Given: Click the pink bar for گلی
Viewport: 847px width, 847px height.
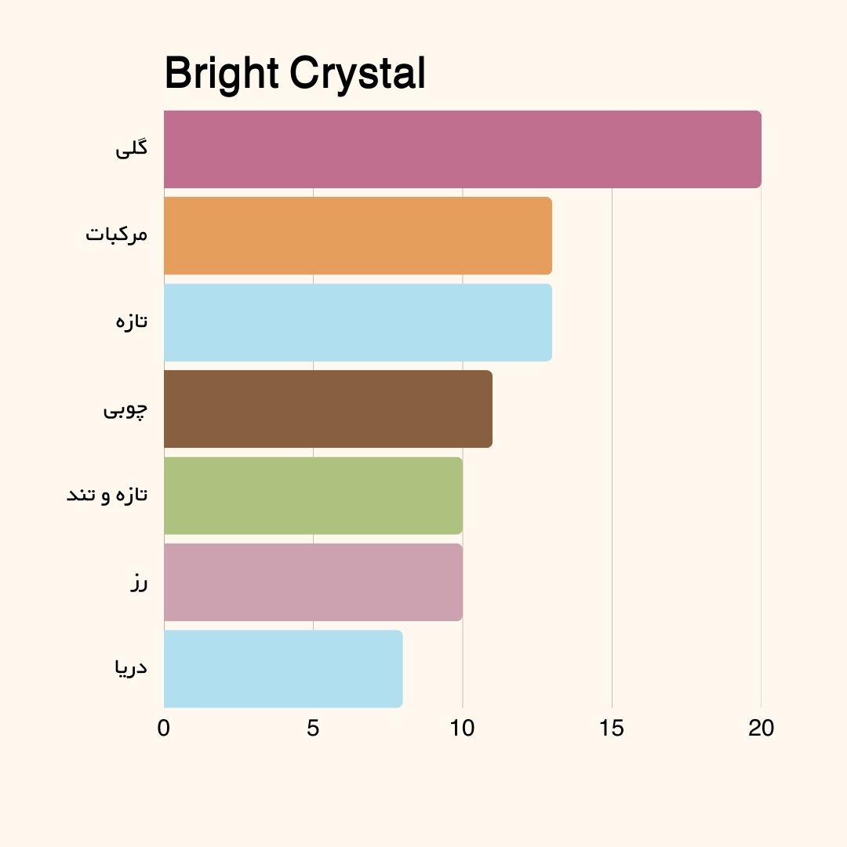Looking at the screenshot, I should click(x=463, y=149).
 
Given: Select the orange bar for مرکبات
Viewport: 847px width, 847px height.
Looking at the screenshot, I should click(x=358, y=235).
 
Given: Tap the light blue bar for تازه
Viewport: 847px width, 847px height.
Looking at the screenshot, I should click(x=358, y=322).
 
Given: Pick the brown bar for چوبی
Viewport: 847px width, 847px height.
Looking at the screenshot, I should click(x=328, y=409).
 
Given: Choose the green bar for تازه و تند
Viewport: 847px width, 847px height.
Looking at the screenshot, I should click(x=313, y=496).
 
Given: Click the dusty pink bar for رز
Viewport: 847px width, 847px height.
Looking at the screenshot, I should click(x=313, y=582).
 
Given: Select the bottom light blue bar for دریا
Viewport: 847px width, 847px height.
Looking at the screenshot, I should click(x=283, y=668).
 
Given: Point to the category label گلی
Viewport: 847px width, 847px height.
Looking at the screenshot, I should click(x=132, y=149).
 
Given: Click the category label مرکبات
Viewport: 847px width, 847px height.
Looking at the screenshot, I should click(x=117, y=235).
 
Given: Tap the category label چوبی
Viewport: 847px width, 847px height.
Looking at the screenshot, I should click(x=125, y=409).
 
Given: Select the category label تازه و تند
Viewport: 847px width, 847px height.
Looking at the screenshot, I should click(x=107, y=496).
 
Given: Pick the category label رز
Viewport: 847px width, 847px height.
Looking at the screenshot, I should click(x=139, y=583).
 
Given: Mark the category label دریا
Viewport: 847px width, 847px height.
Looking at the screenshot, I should click(x=130, y=668).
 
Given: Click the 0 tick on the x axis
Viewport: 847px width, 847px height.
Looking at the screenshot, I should click(x=164, y=729).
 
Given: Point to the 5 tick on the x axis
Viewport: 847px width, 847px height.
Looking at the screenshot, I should click(x=313, y=729).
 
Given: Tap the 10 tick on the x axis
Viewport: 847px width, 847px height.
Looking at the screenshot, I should click(x=463, y=729).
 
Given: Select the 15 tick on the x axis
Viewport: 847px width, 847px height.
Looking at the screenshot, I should click(x=612, y=729).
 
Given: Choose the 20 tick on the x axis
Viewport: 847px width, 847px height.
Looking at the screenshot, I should click(x=761, y=729).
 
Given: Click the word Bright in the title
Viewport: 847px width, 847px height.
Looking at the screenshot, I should click(x=222, y=75).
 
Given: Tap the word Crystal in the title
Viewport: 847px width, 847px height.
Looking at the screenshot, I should click(x=358, y=75).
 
